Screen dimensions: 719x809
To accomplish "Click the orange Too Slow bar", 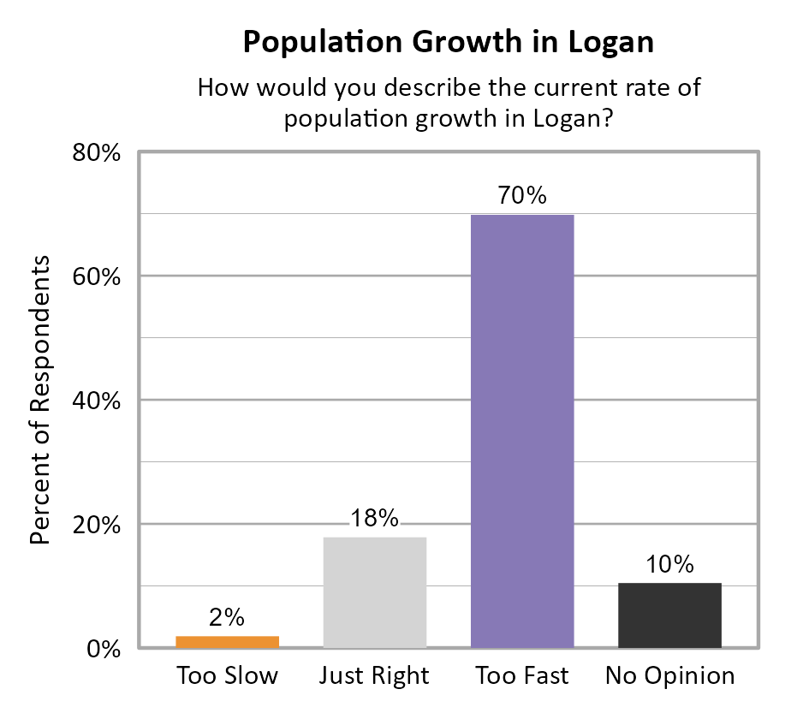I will click(x=228, y=642).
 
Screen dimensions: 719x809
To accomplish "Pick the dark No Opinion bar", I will click(x=669, y=615).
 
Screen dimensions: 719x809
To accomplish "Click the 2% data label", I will click(x=228, y=617).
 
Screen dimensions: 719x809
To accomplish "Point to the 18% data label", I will click(x=375, y=519).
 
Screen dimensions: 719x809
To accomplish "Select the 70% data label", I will click(x=522, y=195).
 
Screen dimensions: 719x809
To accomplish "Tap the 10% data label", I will click(x=669, y=565).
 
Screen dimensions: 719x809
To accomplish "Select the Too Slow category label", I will click(x=228, y=676).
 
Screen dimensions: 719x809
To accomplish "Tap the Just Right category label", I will click(x=374, y=676).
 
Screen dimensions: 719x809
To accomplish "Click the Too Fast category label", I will click(x=522, y=676).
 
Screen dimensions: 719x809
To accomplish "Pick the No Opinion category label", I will click(x=669, y=676).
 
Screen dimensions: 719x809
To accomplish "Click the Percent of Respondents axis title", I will click(x=40, y=401).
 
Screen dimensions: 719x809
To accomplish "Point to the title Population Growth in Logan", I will click(x=448, y=42).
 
